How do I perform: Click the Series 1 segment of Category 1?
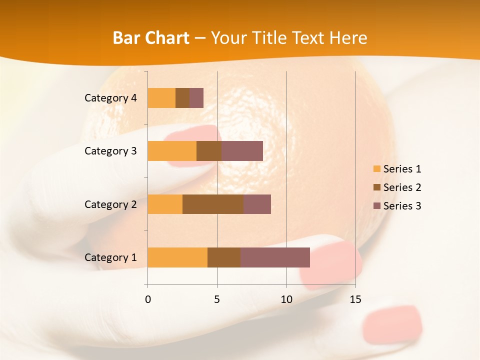[177, 257]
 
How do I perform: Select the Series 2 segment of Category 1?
[224, 257]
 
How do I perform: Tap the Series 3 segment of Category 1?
[275, 257]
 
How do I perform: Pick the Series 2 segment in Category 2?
[213, 204]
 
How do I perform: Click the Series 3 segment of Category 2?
[257, 204]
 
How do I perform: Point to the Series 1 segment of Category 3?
[172, 151]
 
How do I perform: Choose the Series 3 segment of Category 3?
[242, 151]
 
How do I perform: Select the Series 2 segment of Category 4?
[182, 98]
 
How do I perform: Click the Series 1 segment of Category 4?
[161, 98]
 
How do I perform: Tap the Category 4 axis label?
[110, 98]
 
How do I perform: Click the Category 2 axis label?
[110, 204]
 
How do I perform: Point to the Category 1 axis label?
[110, 257]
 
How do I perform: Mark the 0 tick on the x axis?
[148, 299]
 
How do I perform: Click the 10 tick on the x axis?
[286, 299]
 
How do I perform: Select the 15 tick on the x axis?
[355, 299]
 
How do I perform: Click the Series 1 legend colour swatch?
[377, 169]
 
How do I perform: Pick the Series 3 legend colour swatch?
[377, 206]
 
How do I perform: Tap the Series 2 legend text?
[402, 187]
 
